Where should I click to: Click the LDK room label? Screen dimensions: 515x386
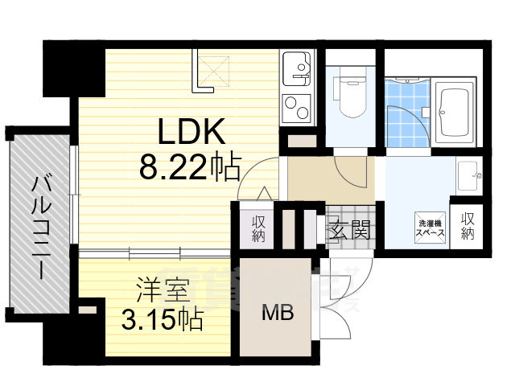pyautogui.click(x=192, y=131)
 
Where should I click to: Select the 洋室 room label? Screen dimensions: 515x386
pyautogui.click(x=163, y=289)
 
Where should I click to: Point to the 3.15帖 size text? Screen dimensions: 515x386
pyautogui.click(x=162, y=319)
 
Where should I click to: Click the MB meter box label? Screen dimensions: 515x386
pyautogui.click(x=278, y=312)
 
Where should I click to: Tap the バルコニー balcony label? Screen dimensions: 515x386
pyautogui.click(x=42, y=228)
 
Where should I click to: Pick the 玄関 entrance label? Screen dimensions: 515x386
pyautogui.click(x=350, y=229)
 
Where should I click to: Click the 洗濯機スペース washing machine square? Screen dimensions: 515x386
pyautogui.click(x=430, y=228)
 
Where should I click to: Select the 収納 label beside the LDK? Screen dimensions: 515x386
pyautogui.click(x=258, y=228)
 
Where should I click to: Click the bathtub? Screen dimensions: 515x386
pyautogui.click(x=455, y=112)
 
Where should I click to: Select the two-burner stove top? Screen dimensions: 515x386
pyautogui.click(x=296, y=108)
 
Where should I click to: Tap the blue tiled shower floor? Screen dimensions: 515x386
pyautogui.click(x=407, y=113)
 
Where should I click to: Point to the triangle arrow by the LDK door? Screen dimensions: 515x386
pyautogui.click(x=264, y=193)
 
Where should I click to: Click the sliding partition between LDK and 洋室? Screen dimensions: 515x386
pyautogui.click(x=154, y=253)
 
